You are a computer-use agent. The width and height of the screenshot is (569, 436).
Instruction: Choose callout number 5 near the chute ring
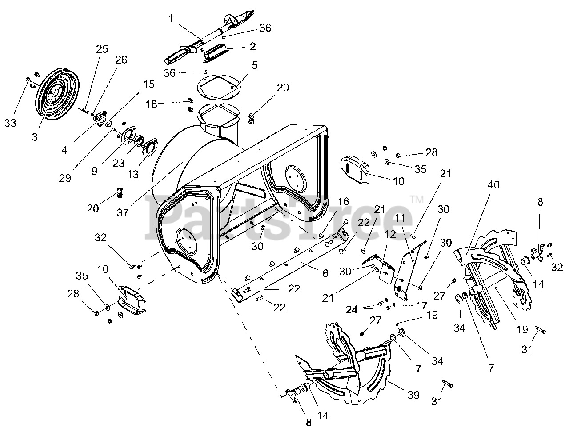255,65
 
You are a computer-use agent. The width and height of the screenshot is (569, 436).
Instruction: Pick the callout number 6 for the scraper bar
325,274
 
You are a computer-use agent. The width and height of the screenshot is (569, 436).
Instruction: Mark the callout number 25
102,49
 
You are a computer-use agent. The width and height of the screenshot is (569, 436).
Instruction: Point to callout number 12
390,234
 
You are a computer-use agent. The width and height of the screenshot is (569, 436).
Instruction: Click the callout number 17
422,305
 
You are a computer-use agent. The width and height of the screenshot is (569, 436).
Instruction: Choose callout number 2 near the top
252,46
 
